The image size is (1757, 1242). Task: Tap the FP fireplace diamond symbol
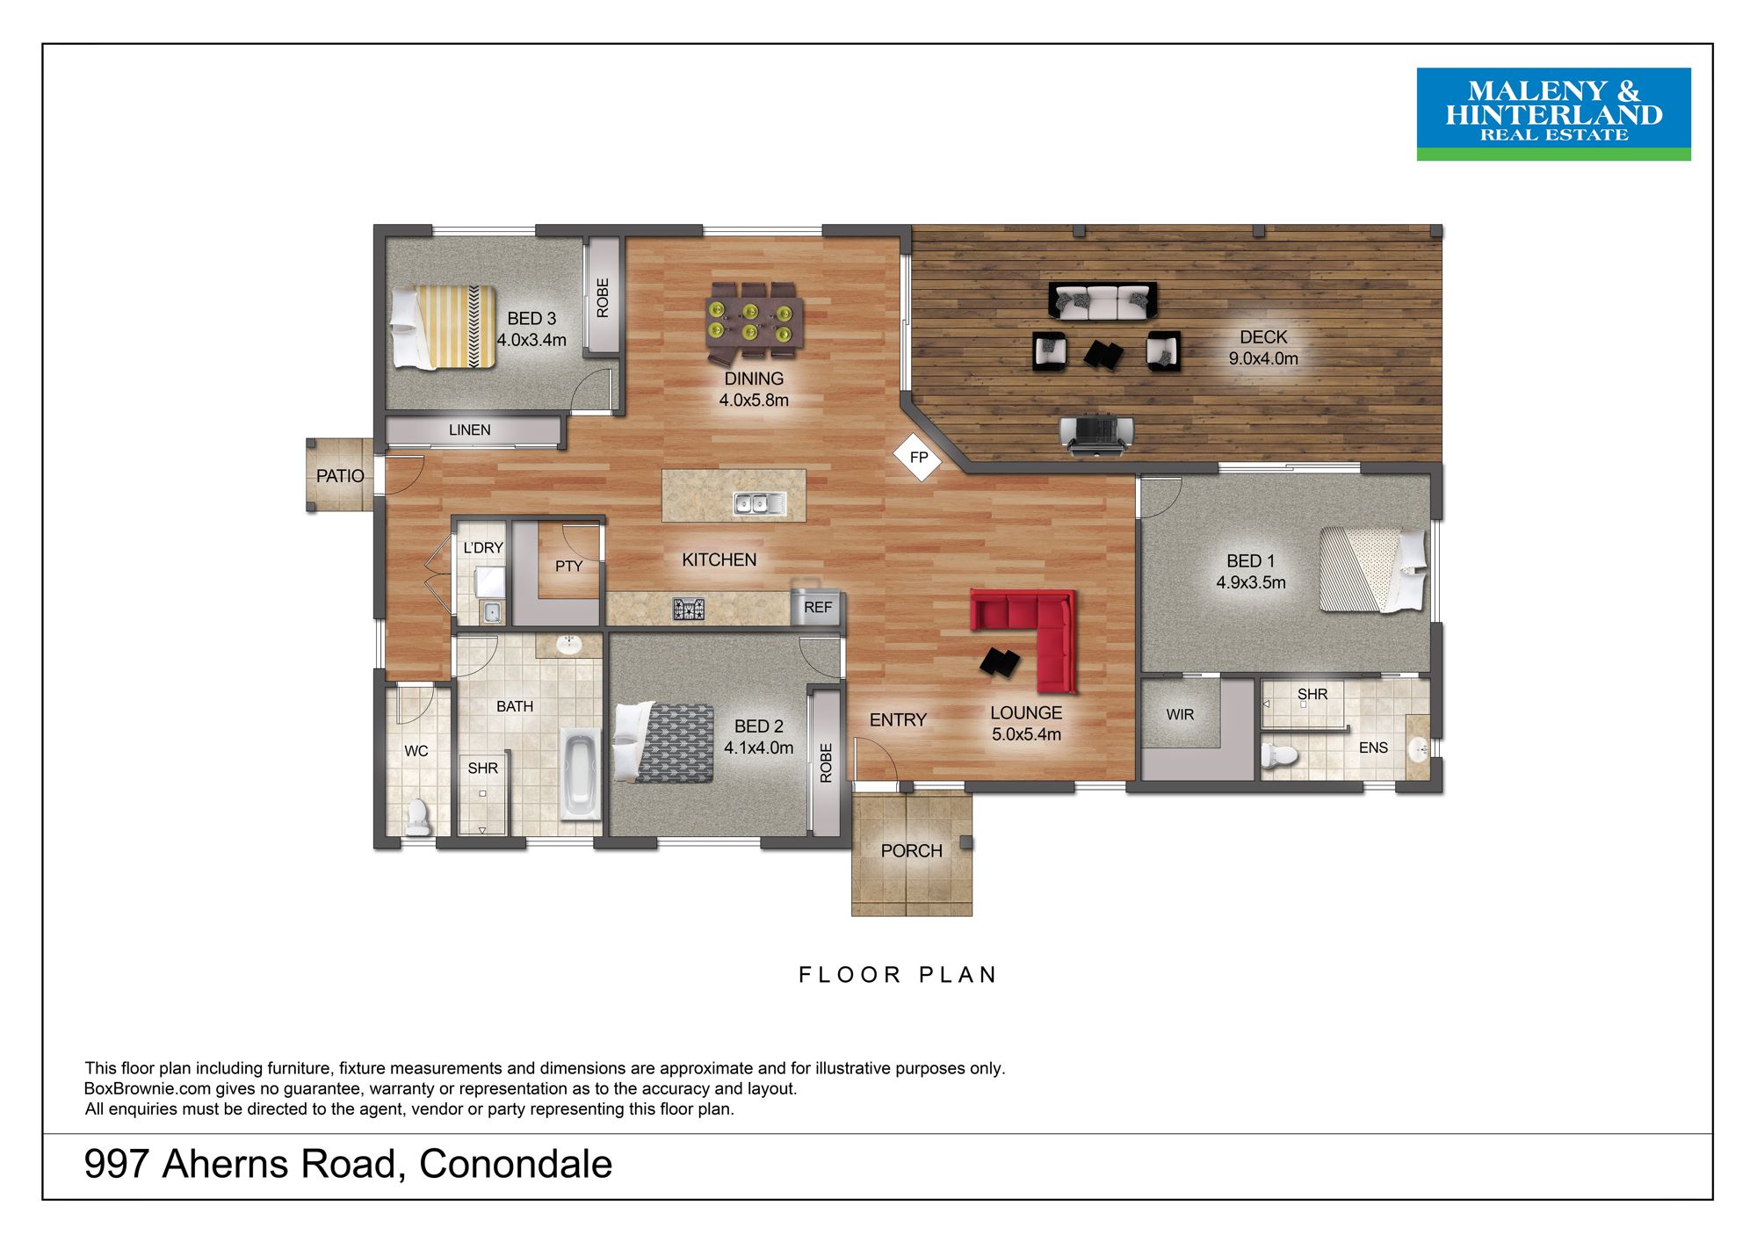(x=918, y=457)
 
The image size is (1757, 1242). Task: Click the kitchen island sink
(x=760, y=503)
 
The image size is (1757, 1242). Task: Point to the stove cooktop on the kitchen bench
(x=689, y=609)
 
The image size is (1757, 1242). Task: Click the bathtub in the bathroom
(x=580, y=774)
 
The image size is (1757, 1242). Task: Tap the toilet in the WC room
(x=417, y=818)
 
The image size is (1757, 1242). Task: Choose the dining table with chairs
(x=754, y=321)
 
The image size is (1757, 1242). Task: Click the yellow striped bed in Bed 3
(x=443, y=327)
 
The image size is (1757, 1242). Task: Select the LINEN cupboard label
(x=470, y=430)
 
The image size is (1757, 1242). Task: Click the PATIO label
(x=340, y=476)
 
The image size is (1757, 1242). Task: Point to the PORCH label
(x=911, y=851)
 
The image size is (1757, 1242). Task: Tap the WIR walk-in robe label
(x=1180, y=715)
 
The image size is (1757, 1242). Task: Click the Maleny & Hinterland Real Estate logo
(x=1553, y=114)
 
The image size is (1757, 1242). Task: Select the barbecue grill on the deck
(x=1096, y=435)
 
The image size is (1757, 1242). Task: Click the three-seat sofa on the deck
(x=1103, y=300)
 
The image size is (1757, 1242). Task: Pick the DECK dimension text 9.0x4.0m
(x=1263, y=358)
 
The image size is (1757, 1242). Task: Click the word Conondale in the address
(x=516, y=1165)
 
